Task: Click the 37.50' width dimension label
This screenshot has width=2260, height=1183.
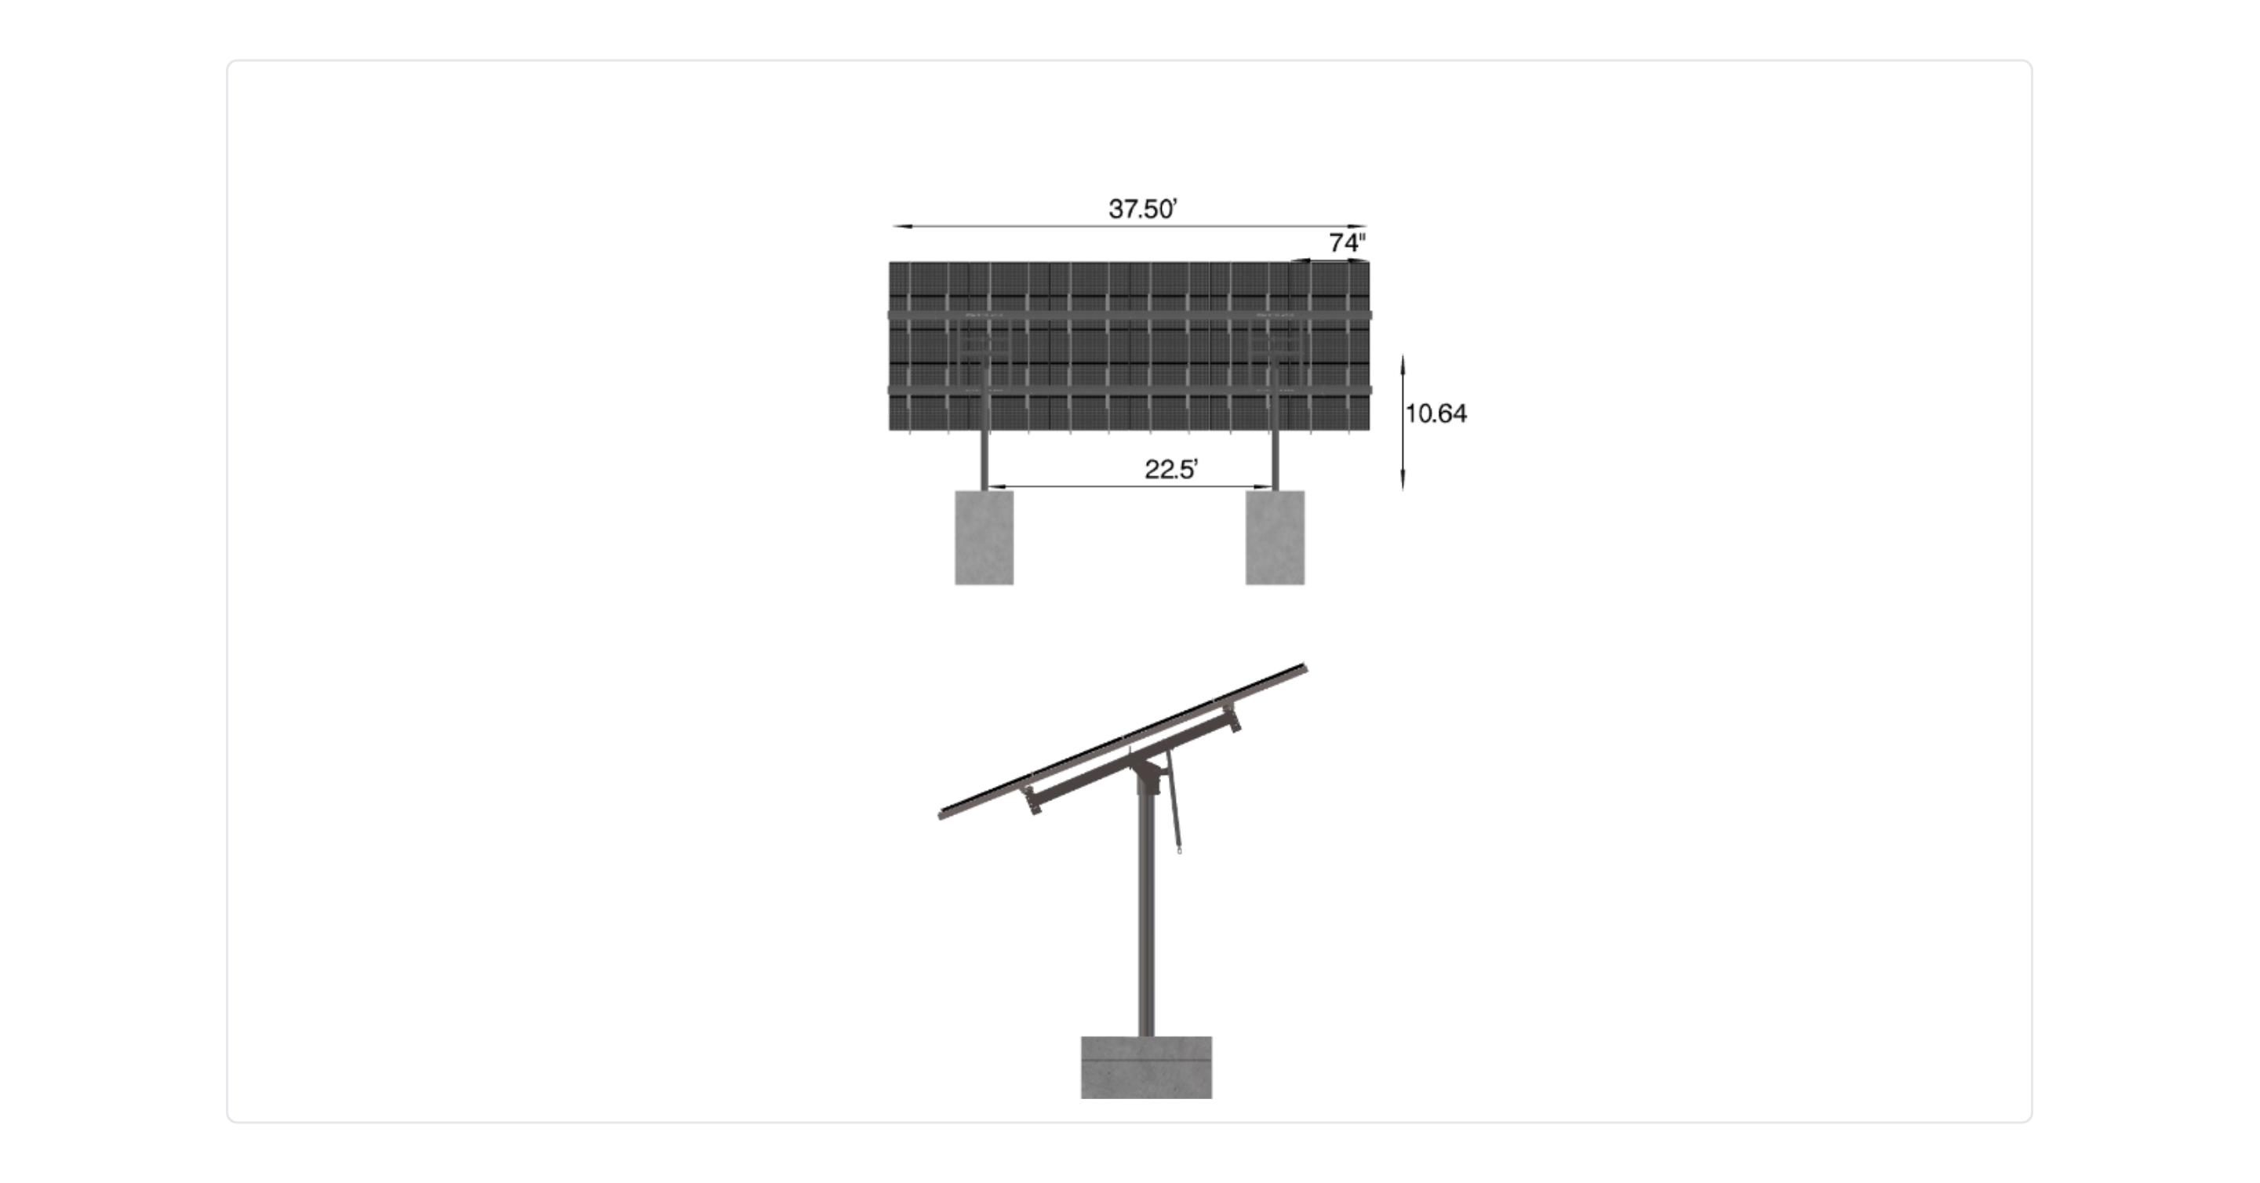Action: [1142, 209]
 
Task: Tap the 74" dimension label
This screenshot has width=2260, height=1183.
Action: [1347, 242]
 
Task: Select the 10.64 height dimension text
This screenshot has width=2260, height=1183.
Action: [1436, 413]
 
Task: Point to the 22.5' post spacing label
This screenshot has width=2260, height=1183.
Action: [1171, 470]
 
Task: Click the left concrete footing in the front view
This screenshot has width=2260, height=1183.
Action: [984, 537]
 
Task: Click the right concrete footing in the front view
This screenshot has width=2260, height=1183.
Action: [1275, 537]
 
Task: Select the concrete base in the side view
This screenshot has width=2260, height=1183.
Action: [1146, 1067]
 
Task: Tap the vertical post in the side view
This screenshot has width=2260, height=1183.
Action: [1146, 912]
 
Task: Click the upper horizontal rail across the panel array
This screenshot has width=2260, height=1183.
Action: [1130, 314]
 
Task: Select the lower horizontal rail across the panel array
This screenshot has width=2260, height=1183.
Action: [1130, 390]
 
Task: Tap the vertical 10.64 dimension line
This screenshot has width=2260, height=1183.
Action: [1403, 422]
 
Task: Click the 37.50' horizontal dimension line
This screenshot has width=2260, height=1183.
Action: [1130, 227]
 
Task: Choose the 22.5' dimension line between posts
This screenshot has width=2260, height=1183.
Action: [1130, 486]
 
